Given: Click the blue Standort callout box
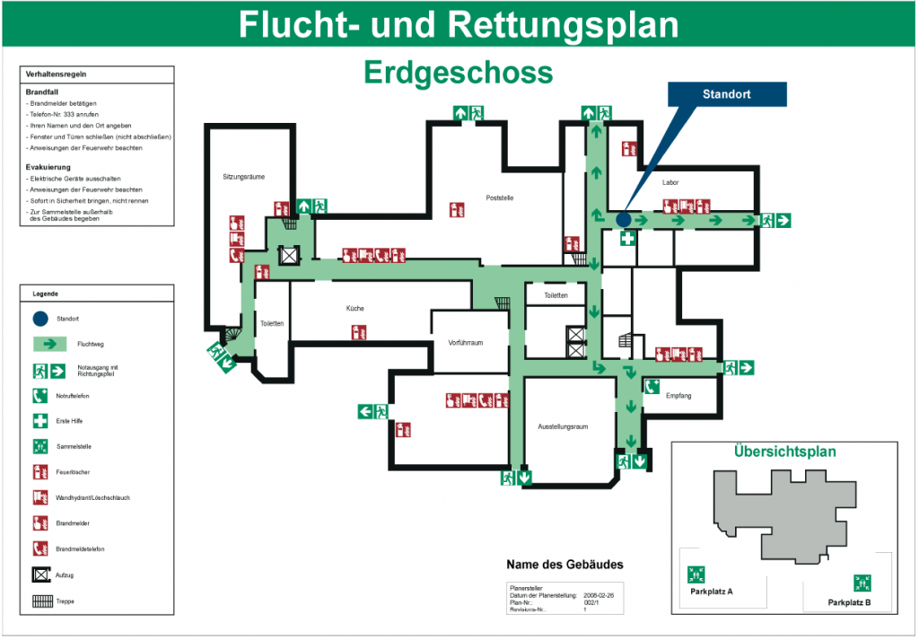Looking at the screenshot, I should pyautogui.click(x=727, y=94).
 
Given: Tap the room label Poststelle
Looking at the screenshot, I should pyautogui.click(x=499, y=197).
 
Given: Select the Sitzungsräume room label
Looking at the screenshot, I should pyautogui.click(x=243, y=178).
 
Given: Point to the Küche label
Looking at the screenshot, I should pyautogui.click(x=355, y=309).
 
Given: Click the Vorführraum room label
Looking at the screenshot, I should pyautogui.click(x=466, y=343).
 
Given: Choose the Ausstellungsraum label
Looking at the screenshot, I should pyautogui.click(x=563, y=426).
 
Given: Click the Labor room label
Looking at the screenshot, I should pyautogui.click(x=670, y=183).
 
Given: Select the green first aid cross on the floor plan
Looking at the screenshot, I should pyautogui.click(x=629, y=239).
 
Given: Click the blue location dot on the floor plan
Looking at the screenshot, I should pyautogui.click(x=624, y=219).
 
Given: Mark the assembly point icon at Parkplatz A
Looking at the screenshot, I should pyautogui.click(x=696, y=573).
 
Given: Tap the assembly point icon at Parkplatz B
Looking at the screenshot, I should pyautogui.click(x=862, y=583).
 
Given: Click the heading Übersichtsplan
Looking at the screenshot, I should pyautogui.click(x=784, y=452).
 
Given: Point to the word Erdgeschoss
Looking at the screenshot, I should pyautogui.click(x=458, y=72).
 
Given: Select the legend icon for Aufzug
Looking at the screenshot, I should pyautogui.click(x=40, y=574).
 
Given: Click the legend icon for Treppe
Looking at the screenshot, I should pyautogui.click(x=40, y=601).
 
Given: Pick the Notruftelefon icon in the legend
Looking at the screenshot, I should pyautogui.click(x=40, y=395).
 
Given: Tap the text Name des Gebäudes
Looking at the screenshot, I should pyautogui.click(x=565, y=565).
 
